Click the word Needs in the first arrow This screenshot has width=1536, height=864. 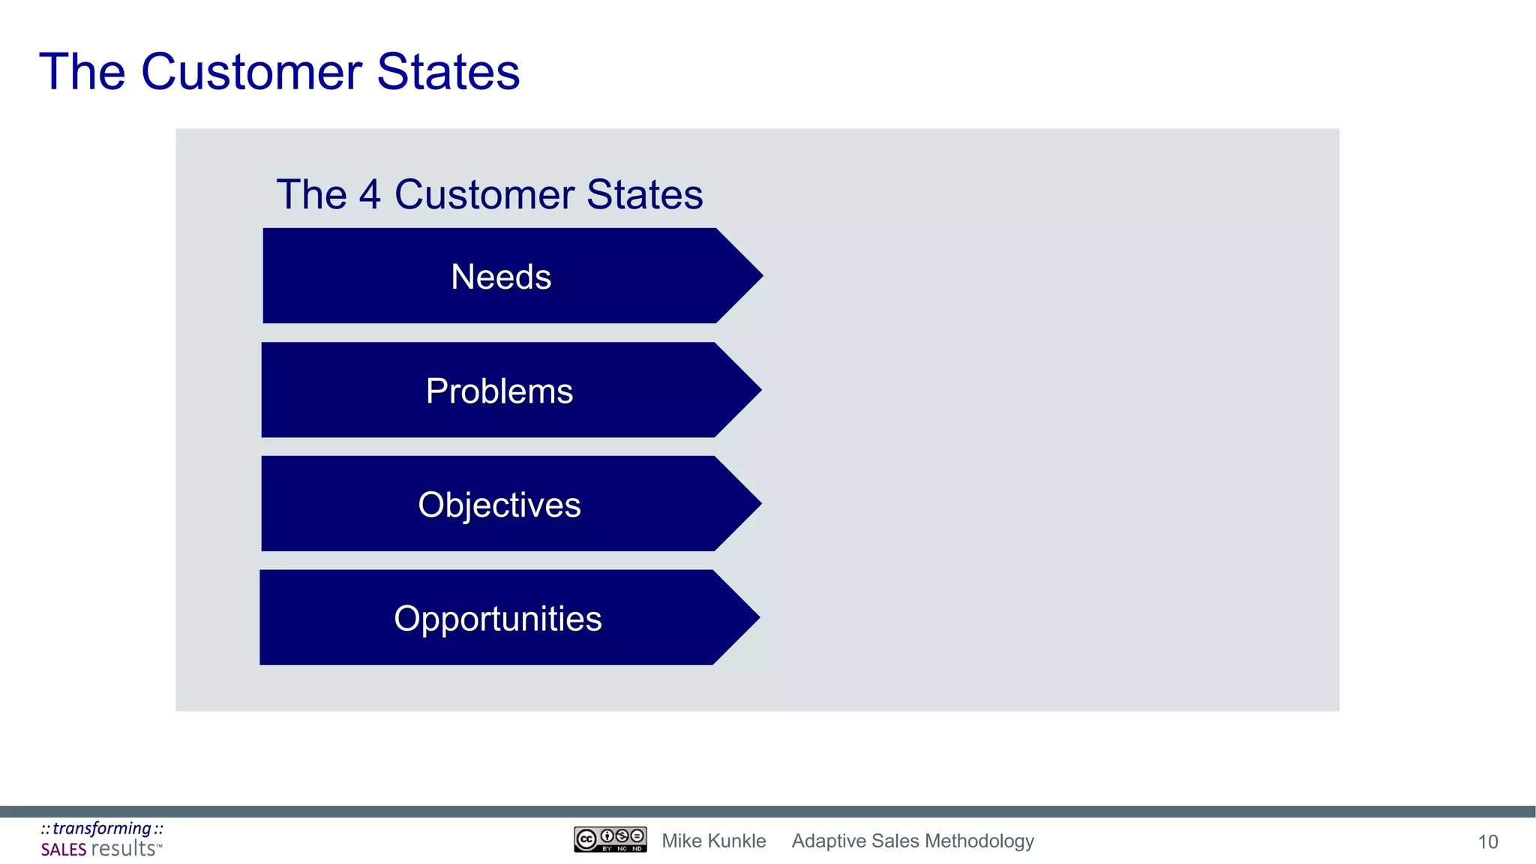(501, 277)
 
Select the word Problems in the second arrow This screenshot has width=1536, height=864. (499, 391)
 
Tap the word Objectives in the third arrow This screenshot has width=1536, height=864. (499, 505)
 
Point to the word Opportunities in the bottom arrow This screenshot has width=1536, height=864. (498, 619)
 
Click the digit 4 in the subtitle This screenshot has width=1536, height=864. (370, 194)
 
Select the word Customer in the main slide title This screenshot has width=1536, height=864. (252, 72)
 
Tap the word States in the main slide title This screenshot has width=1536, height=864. (448, 72)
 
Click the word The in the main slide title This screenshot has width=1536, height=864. (82, 72)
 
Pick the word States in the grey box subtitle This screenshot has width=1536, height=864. (645, 194)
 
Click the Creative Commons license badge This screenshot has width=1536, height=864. (610, 839)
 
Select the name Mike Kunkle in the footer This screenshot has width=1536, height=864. (713, 841)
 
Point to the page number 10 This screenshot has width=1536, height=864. (1487, 842)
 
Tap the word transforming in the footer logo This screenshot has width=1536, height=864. (102, 828)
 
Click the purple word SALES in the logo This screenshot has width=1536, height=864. (64, 850)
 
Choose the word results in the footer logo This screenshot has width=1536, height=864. (123, 849)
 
